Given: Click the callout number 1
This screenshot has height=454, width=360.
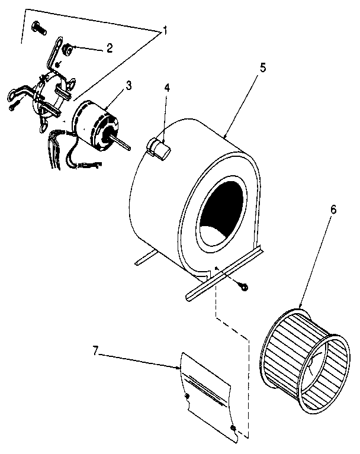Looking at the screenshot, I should (166, 31).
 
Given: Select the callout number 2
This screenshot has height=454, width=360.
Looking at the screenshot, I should (109, 49).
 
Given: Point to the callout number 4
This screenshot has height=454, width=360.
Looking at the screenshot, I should (167, 88).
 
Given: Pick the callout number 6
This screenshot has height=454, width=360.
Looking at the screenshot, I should (333, 210).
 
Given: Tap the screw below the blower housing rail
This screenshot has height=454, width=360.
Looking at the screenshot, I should (243, 287).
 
